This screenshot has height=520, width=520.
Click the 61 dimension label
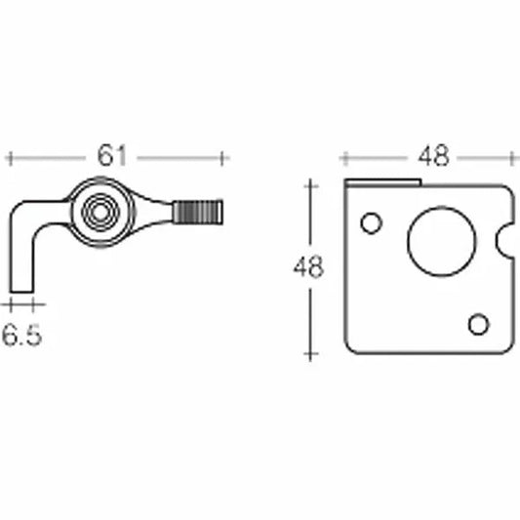point(115,155)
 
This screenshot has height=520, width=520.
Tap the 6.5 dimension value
point(21,336)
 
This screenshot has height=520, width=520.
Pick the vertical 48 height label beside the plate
point(308,267)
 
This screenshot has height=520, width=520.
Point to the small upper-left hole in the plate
point(370,223)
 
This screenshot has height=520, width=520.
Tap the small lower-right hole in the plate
point(478,324)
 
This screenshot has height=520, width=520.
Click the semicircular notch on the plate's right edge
point(504,240)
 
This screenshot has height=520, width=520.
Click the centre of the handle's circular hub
point(97,211)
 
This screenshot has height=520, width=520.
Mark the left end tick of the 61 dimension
point(9,156)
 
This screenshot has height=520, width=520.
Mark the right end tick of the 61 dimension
point(224,156)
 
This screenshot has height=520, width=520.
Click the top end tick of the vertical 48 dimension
point(310,181)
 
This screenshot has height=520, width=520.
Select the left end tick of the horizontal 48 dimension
point(341,156)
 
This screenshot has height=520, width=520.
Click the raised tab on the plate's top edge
point(384,182)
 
